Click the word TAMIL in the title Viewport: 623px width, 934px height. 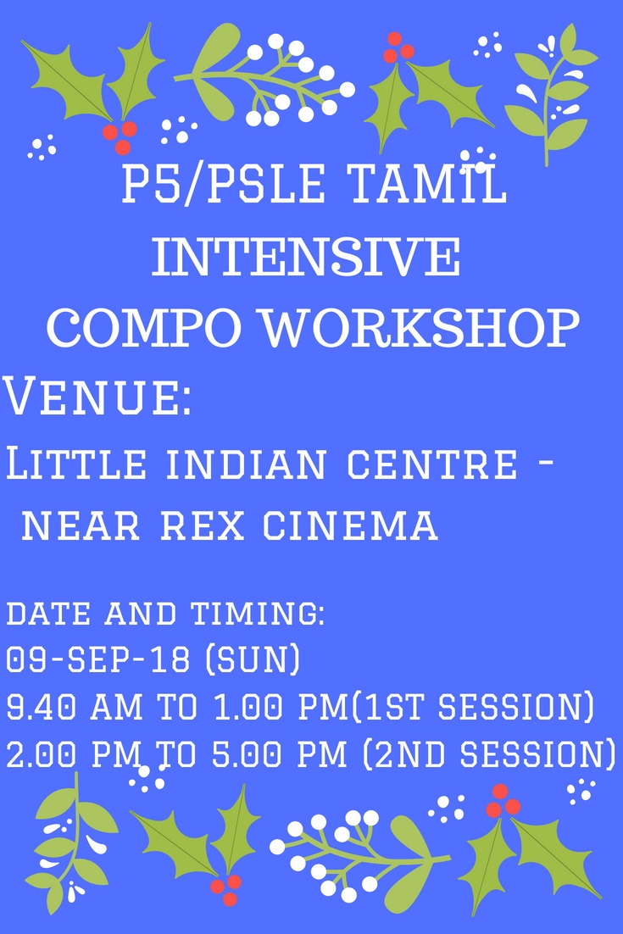coord(426,183)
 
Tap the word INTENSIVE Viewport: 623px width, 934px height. coord(307,257)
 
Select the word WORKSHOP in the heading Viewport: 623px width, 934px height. coord(421,328)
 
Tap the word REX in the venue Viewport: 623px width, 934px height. coord(203,525)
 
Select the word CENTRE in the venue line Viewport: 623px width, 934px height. coord(431,464)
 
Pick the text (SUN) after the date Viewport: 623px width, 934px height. coord(253,660)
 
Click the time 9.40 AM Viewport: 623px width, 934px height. coord(75,707)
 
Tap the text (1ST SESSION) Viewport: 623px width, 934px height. coord(474,707)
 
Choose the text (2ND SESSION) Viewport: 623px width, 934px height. coord(489,754)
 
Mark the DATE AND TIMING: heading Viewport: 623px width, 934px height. coord(165,614)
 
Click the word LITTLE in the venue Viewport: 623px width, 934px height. coord(75,464)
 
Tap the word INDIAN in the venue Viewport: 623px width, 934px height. coord(246,464)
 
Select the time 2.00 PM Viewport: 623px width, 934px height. coord(75,754)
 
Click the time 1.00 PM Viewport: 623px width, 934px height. coord(281,707)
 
